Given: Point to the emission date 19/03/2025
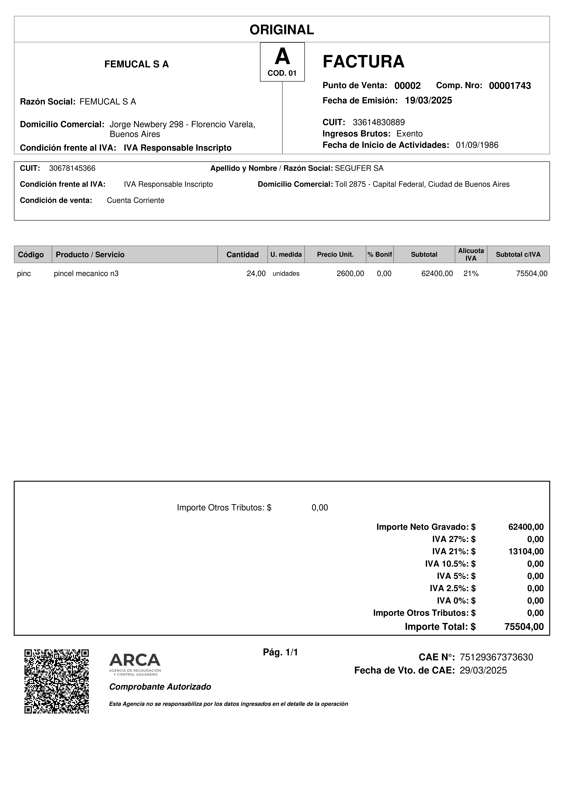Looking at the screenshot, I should pyautogui.click(x=428, y=101).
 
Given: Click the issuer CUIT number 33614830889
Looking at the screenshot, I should pyautogui.click(x=378, y=122).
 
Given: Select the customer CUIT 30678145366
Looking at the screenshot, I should pyautogui.click(x=72, y=168).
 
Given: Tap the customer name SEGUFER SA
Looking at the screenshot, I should pyautogui.click(x=359, y=168).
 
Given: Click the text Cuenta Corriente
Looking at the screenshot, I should pyautogui.click(x=135, y=200).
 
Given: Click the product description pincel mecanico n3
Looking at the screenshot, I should pyautogui.click(x=86, y=274).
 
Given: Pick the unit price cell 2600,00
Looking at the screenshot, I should pyautogui.click(x=350, y=274).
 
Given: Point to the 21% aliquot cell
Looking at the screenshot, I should pyautogui.click(x=471, y=274).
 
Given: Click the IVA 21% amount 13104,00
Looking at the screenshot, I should pyautogui.click(x=526, y=551).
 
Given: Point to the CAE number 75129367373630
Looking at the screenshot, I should pyautogui.click(x=496, y=657).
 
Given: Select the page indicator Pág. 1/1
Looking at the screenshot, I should pyautogui.click(x=280, y=652).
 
